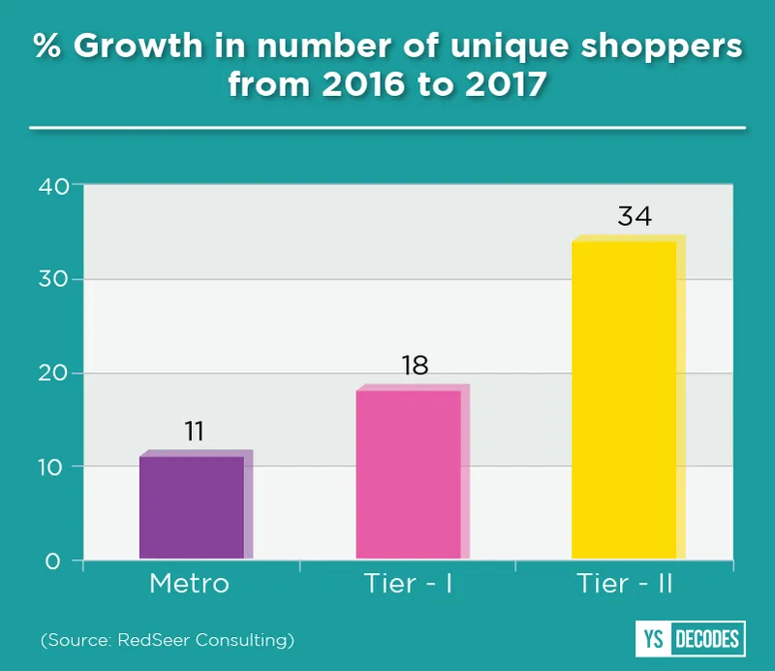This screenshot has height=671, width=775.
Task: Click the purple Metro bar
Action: [192, 507]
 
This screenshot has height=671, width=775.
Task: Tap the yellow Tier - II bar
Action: [624, 399]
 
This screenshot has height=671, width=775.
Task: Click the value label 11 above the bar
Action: [194, 431]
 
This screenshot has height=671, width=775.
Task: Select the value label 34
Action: [635, 216]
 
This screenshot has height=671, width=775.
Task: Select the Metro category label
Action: [190, 585]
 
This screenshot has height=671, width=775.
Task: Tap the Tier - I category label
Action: [408, 585]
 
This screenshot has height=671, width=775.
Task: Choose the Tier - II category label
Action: [625, 585]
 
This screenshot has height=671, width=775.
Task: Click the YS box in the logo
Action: [651, 639]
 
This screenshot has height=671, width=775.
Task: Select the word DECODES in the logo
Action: [705, 639]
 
